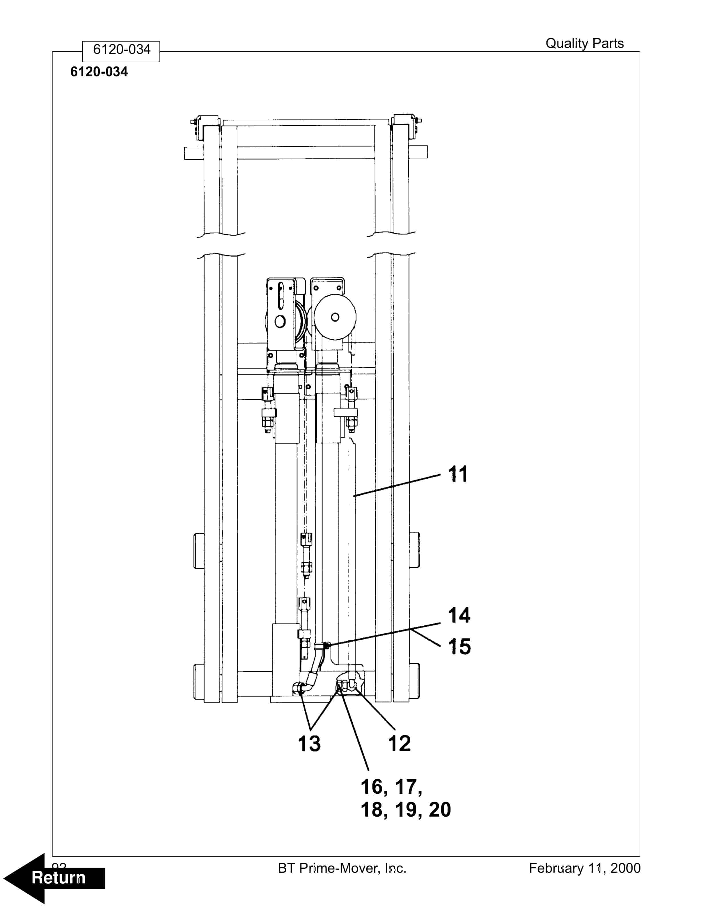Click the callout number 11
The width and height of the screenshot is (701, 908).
[x=458, y=474]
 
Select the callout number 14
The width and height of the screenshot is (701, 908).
[x=459, y=615]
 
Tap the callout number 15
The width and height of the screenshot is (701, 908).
[x=459, y=647]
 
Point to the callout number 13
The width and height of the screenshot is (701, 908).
[x=309, y=743]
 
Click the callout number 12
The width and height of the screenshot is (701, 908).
[x=399, y=743]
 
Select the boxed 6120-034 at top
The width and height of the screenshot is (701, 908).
[x=121, y=50]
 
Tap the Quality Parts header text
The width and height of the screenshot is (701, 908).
[x=584, y=43]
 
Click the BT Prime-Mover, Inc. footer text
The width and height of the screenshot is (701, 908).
[x=342, y=868]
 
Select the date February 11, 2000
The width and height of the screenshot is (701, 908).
[x=584, y=868]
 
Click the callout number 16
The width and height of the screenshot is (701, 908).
[x=371, y=786]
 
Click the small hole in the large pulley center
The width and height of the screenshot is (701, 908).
[x=335, y=317]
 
